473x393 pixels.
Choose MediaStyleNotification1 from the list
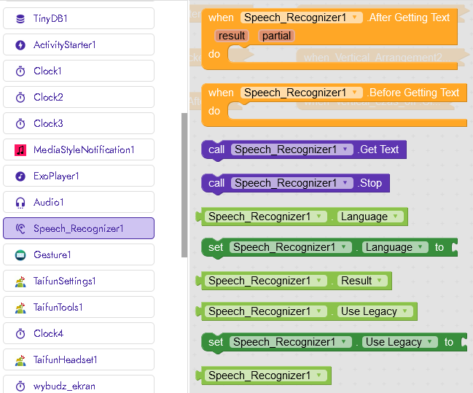tap(83, 149)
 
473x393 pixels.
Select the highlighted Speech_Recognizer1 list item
tap(78, 228)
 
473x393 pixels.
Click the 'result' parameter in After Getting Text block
tap(231, 36)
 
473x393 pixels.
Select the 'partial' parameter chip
tap(276, 36)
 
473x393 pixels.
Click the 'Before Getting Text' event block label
tap(413, 93)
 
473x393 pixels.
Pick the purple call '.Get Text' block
tap(379, 149)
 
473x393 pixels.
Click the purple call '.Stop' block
tap(370, 183)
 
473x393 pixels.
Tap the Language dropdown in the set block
tap(394, 247)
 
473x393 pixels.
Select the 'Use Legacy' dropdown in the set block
tap(399, 342)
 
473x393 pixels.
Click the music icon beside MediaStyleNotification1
tap(20, 149)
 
